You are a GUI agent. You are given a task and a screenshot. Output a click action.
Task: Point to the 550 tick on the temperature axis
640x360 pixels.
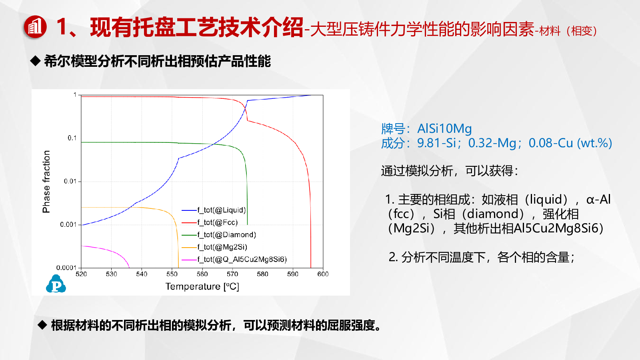point(172,274)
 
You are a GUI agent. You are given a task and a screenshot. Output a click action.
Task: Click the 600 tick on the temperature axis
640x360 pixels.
point(323,274)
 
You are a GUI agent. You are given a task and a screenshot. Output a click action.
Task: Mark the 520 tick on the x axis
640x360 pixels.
point(81,274)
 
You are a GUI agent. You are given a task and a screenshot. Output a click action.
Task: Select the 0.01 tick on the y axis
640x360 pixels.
point(70,181)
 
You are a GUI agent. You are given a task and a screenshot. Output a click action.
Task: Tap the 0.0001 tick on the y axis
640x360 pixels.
point(66,268)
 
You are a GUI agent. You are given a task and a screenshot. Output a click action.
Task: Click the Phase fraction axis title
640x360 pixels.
point(46,182)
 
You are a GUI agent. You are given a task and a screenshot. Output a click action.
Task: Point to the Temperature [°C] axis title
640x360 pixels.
point(202,286)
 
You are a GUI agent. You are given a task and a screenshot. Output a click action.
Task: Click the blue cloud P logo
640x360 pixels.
point(56,284)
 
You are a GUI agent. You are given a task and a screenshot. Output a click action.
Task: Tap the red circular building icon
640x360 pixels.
point(35,27)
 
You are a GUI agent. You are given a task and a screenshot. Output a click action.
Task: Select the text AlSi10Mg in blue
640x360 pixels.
point(444,129)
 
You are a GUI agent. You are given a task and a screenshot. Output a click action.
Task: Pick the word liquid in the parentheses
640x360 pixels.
point(546,200)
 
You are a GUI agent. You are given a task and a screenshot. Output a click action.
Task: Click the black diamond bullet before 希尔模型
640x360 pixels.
point(35,61)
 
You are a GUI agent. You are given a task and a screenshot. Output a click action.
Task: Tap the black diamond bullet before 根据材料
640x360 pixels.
point(42,325)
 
